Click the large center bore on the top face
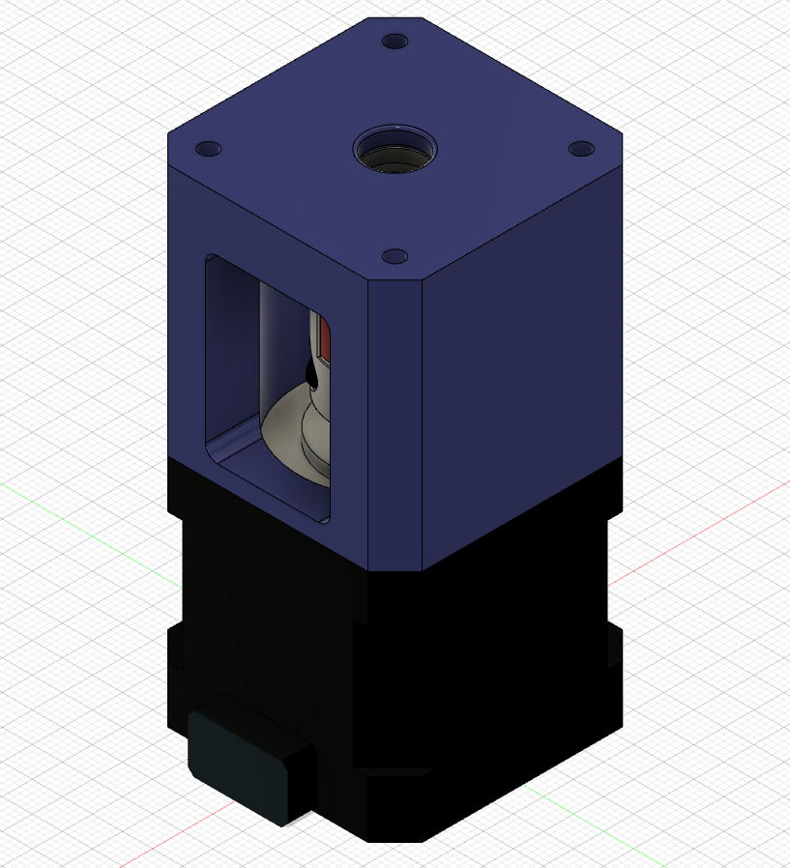[x=395, y=152]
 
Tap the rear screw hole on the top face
[x=395, y=43]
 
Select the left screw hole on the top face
[x=208, y=149]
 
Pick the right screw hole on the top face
[x=580, y=149]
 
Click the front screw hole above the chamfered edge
[x=394, y=256]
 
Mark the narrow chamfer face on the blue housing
[x=395, y=425]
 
